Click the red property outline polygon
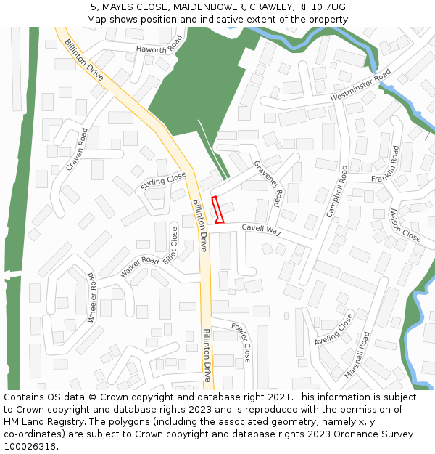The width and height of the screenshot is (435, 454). pyautogui.click(x=217, y=209)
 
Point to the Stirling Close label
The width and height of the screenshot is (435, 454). pyautogui.click(x=163, y=182)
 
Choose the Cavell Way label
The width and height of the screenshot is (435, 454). pyautogui.click(x=261, y=230)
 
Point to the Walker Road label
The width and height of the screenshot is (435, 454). pyautogui.click(x=139, y=267)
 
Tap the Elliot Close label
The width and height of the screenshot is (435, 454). pyautogui.click(x=170, y=246)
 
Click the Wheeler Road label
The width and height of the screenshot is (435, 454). pyautogui.click(x=91, y=298)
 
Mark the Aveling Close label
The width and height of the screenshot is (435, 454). pyautogui.click(x=334, y=329)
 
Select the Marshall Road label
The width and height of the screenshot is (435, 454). pyautogui.click(x=357, y=355)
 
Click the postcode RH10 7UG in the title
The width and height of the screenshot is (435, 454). pyautogui.click(x=320, y=7)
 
